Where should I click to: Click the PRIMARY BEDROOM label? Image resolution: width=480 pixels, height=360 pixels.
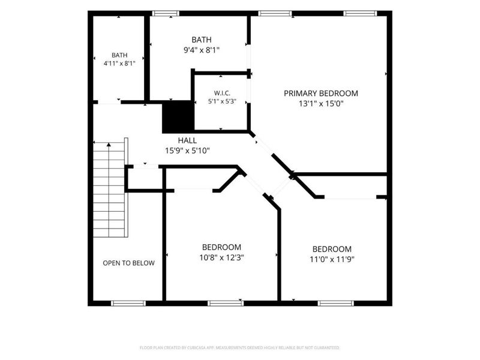point(321,94)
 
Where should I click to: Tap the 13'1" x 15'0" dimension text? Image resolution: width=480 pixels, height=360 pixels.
point(321,104)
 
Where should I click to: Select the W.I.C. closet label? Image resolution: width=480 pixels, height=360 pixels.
point(222,93)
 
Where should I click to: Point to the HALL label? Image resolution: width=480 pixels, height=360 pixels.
point(187,140)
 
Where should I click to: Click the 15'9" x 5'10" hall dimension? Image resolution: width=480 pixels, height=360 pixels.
point(187,151)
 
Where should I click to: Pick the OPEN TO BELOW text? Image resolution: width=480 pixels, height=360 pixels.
point(128,263)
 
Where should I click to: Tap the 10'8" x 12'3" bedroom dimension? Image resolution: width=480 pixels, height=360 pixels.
point(221,257)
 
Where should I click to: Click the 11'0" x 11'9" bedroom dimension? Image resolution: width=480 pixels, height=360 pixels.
point(332,259)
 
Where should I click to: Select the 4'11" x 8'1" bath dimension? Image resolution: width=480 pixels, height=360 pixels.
point(119,64)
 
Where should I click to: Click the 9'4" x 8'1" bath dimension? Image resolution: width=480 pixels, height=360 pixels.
point(202,50)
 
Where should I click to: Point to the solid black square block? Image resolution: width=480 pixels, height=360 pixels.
point(178,116)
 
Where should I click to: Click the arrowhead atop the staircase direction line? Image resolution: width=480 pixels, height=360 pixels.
point(109,145)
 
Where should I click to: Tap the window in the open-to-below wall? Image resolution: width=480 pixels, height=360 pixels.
point(128,304)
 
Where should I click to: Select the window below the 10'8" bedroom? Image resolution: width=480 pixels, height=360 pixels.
point(226,304)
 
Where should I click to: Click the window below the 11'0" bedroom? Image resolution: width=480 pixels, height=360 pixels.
point(336,304)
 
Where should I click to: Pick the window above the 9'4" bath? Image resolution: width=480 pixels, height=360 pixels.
point(166,13)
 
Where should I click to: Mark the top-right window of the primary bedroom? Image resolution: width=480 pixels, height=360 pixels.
point(360,13)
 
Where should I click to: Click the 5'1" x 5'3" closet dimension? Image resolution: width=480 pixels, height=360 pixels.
point(222,101)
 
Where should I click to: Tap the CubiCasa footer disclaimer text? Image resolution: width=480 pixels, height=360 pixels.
point(239,348)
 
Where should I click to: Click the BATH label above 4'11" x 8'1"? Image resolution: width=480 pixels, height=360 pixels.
point(119,55)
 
